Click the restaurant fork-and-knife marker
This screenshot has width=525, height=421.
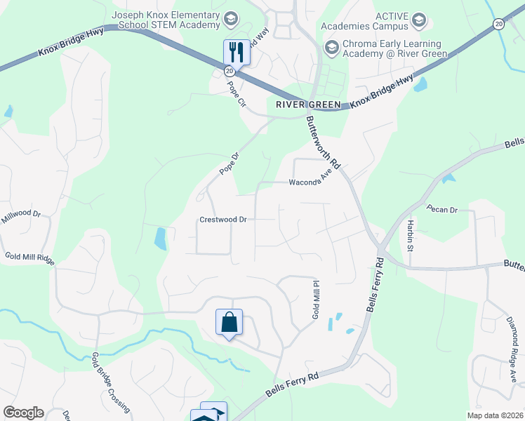[236, 51]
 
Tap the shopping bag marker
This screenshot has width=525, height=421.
[229, 323]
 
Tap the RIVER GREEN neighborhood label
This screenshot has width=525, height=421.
[308, 105]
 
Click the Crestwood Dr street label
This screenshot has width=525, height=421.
[223, 220]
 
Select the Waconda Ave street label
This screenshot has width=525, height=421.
[310, 182]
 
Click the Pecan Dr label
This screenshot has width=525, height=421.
[442, 210]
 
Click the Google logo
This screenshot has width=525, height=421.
[22, 413]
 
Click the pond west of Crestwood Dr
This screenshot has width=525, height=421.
[161, 239]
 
